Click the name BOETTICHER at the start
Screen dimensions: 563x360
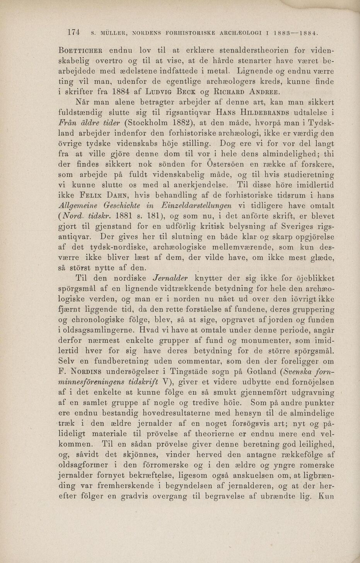[x=80, y=51]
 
